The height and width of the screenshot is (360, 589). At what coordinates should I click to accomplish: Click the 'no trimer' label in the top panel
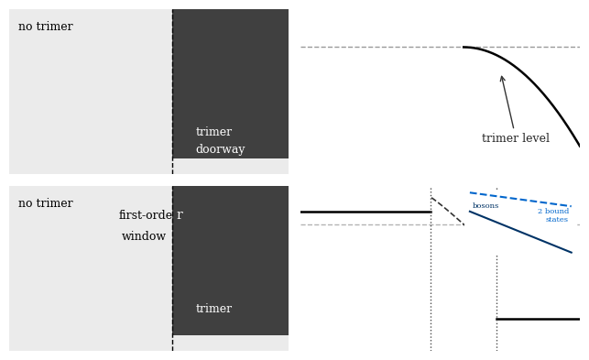(x=46, y=27)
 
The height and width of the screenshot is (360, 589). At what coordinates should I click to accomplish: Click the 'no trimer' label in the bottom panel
(x=46, y=203)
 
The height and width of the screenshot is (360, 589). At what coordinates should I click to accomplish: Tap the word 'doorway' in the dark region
(x=220, y=149)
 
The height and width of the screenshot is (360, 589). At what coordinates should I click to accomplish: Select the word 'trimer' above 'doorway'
(x=213, y=132)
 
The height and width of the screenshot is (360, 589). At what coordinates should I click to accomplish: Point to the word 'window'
(x=144, y=236)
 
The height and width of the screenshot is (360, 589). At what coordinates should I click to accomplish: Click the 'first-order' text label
(x=151, y=214)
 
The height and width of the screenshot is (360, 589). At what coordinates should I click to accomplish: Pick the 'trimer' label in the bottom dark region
(x=213, y=308)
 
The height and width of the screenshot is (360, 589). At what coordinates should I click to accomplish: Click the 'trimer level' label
(x=516, y=138)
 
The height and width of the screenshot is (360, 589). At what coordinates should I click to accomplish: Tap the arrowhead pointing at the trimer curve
(x=501, y=78)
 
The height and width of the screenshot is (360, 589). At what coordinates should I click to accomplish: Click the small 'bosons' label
(x=485, y=205)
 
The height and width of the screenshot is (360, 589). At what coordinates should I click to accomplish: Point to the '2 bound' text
(x=553, y=212)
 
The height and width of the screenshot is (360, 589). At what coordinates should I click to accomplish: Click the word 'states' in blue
(x=557, y=220)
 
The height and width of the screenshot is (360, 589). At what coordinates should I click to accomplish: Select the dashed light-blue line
(x=520, y=200)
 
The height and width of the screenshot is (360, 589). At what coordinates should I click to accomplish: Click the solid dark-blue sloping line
(x=520, y=232)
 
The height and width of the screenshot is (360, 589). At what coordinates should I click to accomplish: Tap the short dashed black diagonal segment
(x=448, y=212)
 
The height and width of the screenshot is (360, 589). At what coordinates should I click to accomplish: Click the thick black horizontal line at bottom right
(x=538, y=320)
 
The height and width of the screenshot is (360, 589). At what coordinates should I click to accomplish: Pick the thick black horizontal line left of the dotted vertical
(x=366, y=213)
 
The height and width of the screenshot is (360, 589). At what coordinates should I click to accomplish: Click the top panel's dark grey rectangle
(x=231, y=83)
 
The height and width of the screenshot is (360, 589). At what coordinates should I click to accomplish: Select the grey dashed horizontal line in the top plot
(x=441, y=48)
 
